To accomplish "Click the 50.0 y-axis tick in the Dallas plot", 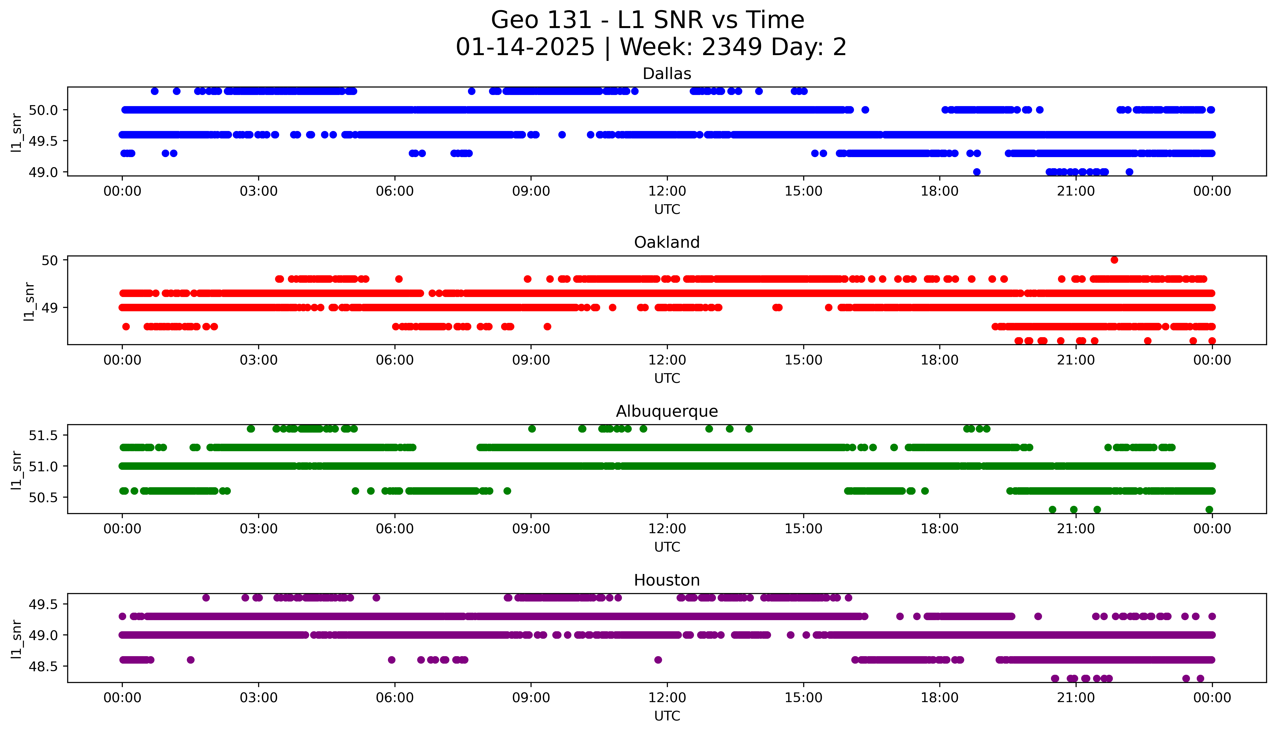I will coord(43,110).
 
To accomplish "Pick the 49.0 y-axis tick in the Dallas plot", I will coord(43,172).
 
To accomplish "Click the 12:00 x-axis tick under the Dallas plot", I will coord(667,191).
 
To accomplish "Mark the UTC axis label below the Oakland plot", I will coord(667,378).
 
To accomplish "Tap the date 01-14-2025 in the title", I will coord(525,47).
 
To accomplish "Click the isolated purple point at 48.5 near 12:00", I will coord(657,660).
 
